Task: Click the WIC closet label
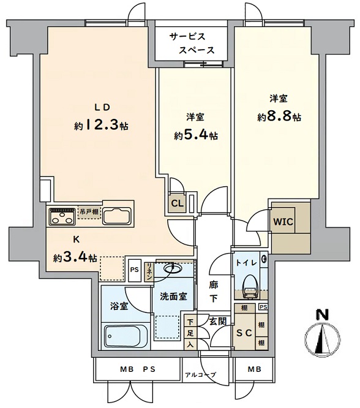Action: [x=283, y=222]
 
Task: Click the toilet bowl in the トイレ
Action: [x=250, y=287]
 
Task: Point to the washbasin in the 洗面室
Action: [x=173, y=268]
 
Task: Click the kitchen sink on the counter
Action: [x=116, y=216]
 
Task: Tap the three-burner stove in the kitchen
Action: [x=62, y=216]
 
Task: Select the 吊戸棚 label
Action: [x=89, y=211]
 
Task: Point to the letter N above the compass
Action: [x=322, y=314]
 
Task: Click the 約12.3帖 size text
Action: [x=101, y=126]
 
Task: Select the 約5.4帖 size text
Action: [x=196, y=135]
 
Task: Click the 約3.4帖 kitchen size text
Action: [x=75, y=258]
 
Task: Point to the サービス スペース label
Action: [x=192, y=43]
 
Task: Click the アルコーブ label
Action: [x=200, y=375]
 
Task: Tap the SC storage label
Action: [x=244, y=333]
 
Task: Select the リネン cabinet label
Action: [x=149, y=272]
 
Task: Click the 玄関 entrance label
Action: [x=218, y=322]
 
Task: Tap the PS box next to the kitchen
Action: [x=135, y=270]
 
